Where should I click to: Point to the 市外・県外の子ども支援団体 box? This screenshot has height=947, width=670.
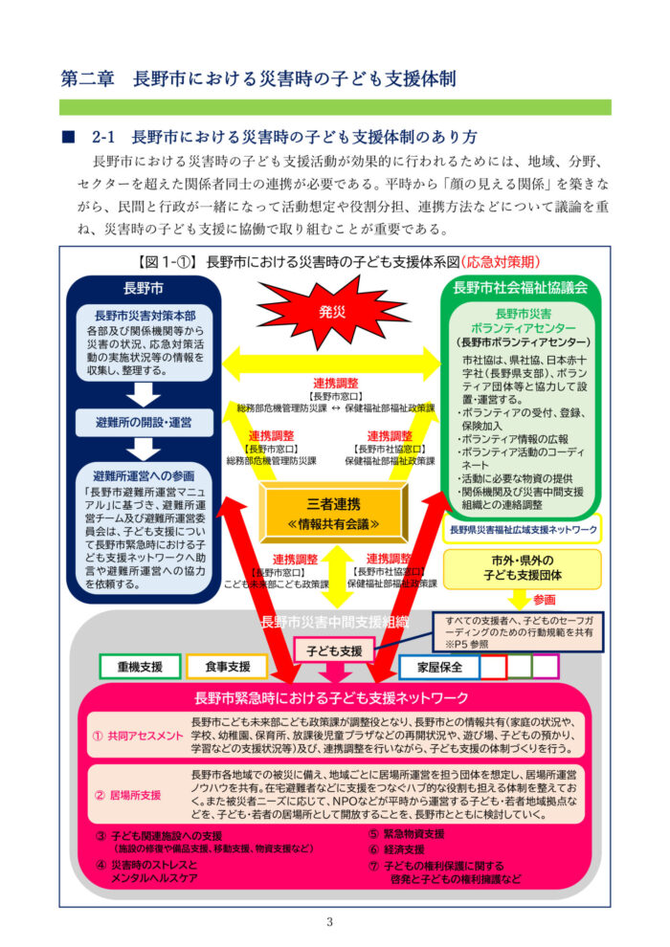tap(522, 569)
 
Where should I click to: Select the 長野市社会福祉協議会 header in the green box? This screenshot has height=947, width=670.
tap(521, 286)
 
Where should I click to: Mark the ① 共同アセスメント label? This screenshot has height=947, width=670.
tap(138, 735)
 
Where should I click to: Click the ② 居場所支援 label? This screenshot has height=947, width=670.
tap(127, 794)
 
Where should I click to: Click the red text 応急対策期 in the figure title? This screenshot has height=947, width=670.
tap(502, 261)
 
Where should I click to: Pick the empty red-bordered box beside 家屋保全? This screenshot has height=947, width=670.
tap(493, 666)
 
